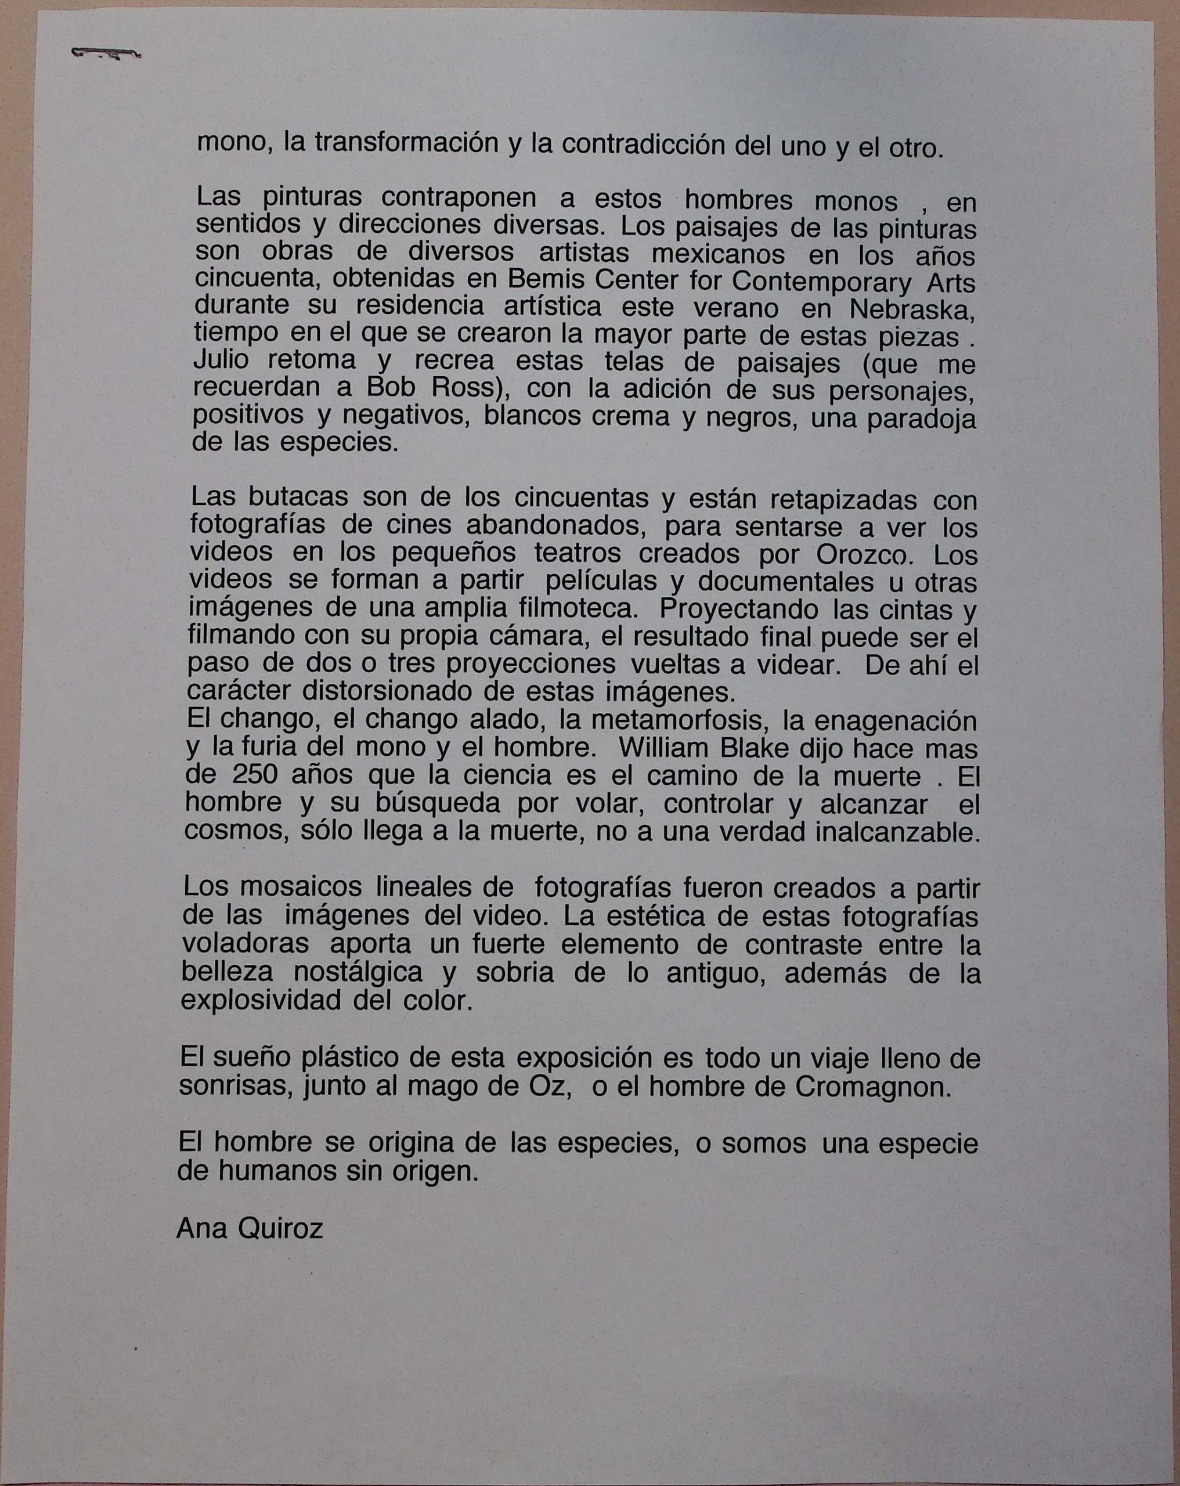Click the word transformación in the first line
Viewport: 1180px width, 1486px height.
click(405, 144)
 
